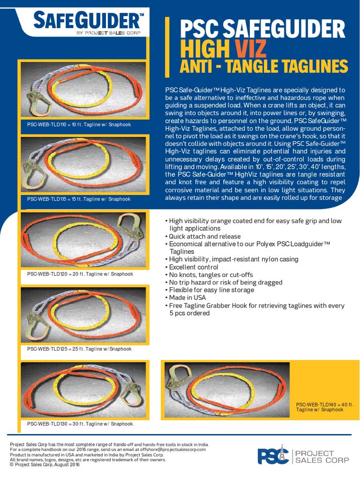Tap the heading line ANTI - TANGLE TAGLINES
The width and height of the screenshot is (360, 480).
pyautogui.click(x=264, y=67)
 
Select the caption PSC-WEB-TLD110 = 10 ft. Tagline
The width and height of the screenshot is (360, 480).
pyautogui.click(x=79, y=125)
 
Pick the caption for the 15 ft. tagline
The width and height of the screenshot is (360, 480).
pyautogui.click(x=79, y=199)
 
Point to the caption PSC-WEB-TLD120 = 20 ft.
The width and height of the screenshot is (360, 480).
pyautogui.click(x=80, y=274)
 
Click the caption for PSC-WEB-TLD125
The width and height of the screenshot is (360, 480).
pyautogui.click(x=79, y=349)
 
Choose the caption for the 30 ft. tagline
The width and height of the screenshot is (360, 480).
pyautogui.click(x=80, y=424)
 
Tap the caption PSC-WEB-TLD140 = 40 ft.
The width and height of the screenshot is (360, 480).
pyautogui.click(x=324, y=407)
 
